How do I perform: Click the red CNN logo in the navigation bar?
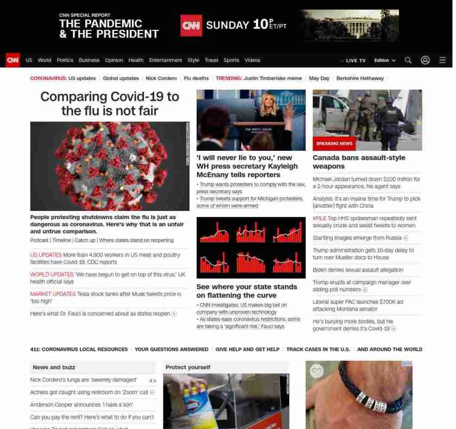coord(12,60)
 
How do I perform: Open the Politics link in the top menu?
coord(65,60)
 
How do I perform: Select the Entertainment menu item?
coord(166,60)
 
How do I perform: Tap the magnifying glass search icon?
coord(408,60)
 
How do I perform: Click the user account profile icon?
coord(425,60)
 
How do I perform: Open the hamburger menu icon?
coord(442,60)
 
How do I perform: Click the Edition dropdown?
coord(384,60)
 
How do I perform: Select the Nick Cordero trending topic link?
coord(161,78)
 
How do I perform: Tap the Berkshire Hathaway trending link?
coord(360,78)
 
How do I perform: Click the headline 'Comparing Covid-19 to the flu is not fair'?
coord(110,104)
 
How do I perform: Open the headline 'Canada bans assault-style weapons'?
coord(359,162)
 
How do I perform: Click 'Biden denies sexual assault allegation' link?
coord(358,270)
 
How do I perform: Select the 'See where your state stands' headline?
coord(246,291)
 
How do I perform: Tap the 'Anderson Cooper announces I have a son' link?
coord(81,405)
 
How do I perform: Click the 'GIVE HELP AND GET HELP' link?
coord(247,349)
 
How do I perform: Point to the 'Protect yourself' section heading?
coord(188,367)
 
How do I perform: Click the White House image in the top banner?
coord(349,25)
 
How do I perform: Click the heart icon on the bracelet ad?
coord(316,371)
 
